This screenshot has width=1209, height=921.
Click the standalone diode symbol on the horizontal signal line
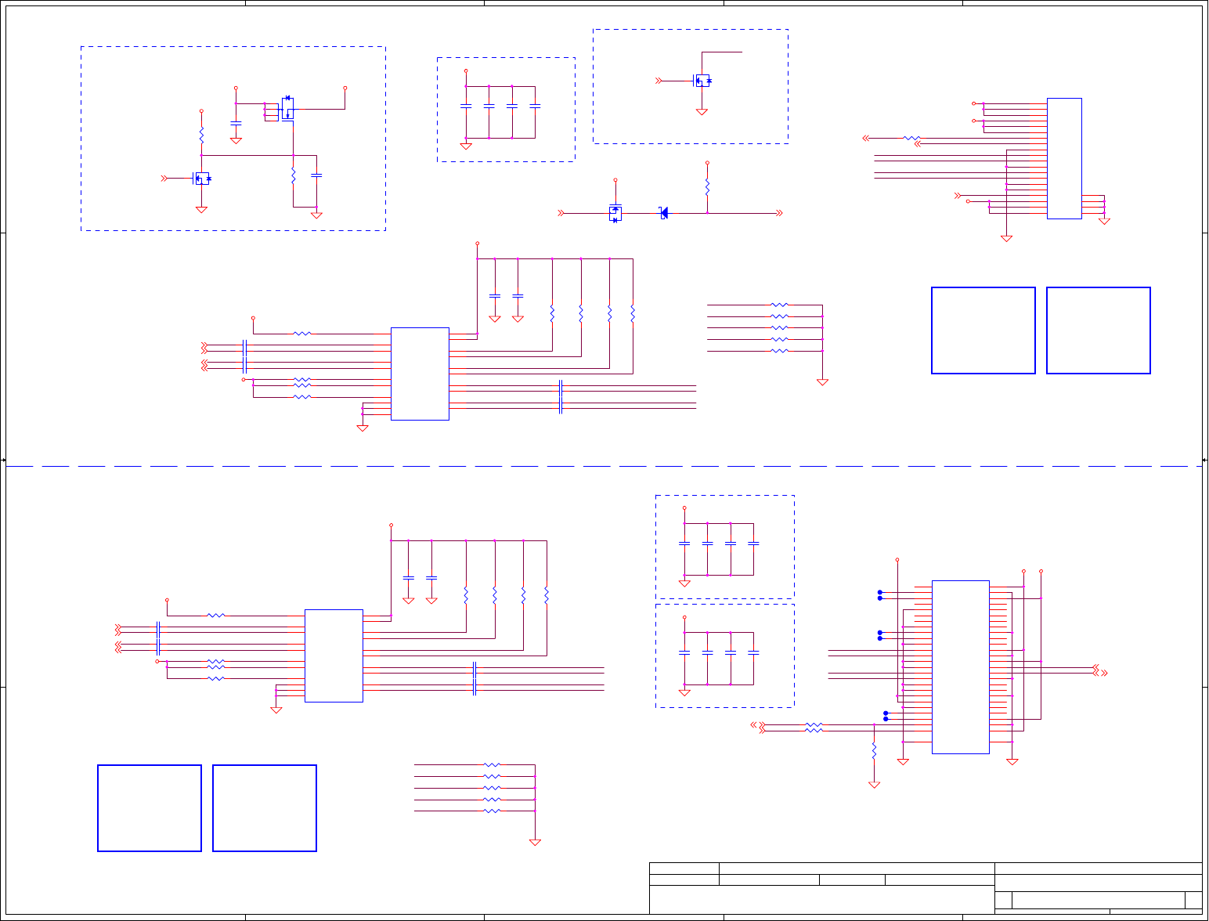coord(663,213)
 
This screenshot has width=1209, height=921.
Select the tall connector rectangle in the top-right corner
coord(1064,158)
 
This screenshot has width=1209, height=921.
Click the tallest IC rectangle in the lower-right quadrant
coord(960,666)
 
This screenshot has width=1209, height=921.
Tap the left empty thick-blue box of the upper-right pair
coord(983,330)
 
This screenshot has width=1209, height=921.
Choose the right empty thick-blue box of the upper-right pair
coord(1098,330)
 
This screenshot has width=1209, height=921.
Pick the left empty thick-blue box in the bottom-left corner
coord(150,808)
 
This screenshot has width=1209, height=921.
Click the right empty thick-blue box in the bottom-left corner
coord(265,808)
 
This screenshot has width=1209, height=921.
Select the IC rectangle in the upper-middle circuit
coord(420,374)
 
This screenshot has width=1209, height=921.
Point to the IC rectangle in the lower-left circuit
coord(334,656)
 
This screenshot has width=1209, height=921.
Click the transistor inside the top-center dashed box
coord(702,81)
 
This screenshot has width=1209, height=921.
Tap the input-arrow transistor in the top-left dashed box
coord(201,179)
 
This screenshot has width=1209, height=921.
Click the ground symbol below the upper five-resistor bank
coord(822,382)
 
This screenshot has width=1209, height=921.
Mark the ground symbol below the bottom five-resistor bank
coord(535,843)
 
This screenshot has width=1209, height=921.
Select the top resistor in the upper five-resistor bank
coord(779,305)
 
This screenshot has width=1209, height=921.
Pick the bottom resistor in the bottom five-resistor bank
coord(491,811)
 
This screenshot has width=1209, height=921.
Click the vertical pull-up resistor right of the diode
coord(707,189)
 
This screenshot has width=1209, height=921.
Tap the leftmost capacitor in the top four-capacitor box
coord(466,105)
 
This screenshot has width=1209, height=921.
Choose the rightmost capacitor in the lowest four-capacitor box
coord(753,652)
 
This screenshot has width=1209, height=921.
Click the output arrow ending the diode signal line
coord(779,213)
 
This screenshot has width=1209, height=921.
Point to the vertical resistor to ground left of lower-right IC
coord(874,750)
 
